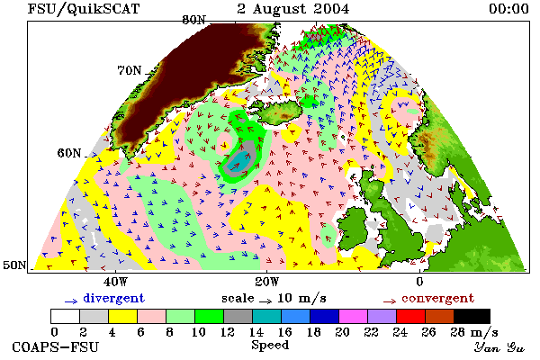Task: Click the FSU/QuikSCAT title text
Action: [x=84, y=9]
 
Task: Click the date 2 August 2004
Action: [x=293, y=9]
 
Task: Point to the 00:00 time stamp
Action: [x=508, y=9]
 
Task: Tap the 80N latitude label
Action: [x=194, y=20]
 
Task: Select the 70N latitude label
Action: [x=130, y=70]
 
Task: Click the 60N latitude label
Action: [x=69, y=153]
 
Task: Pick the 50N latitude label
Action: [x=14, y=265]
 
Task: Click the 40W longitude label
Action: [x=116, y=282]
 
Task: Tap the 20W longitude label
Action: [x=267, y=282]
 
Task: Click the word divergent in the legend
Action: [x=113, y=299]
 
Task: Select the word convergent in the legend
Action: [x=437, y=298]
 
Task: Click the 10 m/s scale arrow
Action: [x=265, y=301]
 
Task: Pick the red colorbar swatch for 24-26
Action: [x=411, y=316]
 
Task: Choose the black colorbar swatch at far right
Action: [x=472, y=316]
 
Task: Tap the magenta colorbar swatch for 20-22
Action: [x=354, y=316]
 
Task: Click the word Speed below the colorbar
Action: [x=270, y=346]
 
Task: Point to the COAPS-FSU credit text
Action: [x=56, y=346]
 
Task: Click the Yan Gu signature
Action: [x=499, y=347]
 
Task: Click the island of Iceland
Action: [x=280, y=111]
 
